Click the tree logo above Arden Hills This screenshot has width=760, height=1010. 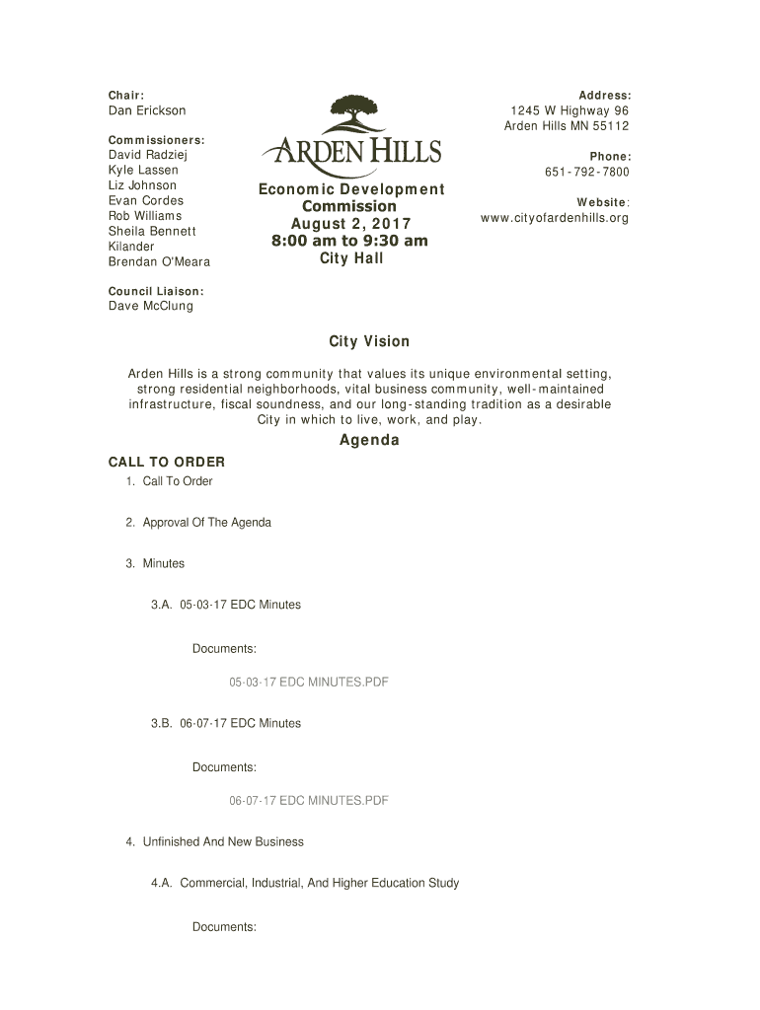352,116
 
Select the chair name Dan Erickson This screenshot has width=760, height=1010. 146,110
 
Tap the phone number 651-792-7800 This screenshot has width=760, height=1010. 586,173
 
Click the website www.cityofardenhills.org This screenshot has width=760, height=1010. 554,218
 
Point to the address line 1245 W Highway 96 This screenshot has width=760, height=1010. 569,110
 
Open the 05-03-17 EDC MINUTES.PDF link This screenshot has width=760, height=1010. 308,682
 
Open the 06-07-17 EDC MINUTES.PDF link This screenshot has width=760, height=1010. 308,800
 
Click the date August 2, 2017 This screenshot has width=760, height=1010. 350,224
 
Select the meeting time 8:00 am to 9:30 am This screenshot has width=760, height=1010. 350,241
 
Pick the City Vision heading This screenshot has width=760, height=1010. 368,341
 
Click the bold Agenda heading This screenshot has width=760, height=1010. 369,440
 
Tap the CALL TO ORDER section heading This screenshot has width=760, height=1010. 166,462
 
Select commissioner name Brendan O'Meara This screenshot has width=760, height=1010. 158,261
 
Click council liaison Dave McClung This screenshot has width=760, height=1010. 150,306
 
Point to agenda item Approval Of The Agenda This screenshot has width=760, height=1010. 206,522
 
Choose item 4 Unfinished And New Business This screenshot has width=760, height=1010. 223,841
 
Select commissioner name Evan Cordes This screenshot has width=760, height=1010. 145,200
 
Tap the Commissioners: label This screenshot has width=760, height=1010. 156,140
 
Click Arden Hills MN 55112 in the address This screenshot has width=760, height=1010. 567,126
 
